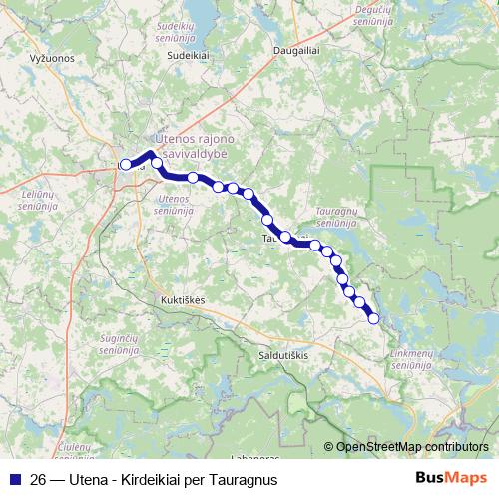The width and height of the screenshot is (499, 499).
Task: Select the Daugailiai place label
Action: click(x=296, y=48)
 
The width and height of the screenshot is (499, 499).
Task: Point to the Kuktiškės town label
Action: click(x=182, y=298)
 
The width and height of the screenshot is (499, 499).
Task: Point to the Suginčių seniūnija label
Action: click(x=126, y=347)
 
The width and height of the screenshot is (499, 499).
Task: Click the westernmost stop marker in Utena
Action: click(x=125, y=165)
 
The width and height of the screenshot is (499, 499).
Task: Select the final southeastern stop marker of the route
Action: click(x=374, y=319)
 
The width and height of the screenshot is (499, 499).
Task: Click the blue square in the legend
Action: click(x=16, y=478)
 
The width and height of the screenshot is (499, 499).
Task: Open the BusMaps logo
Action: click(x=452, y=478)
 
